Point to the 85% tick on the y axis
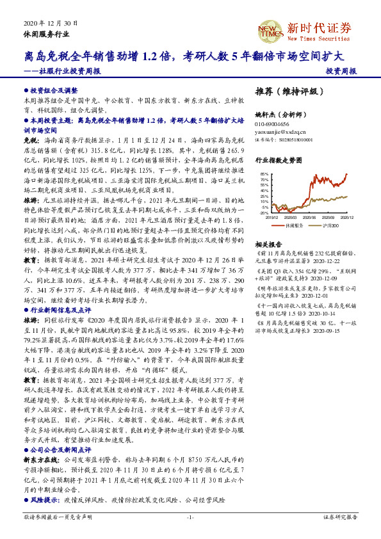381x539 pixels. [x=264, y=174]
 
